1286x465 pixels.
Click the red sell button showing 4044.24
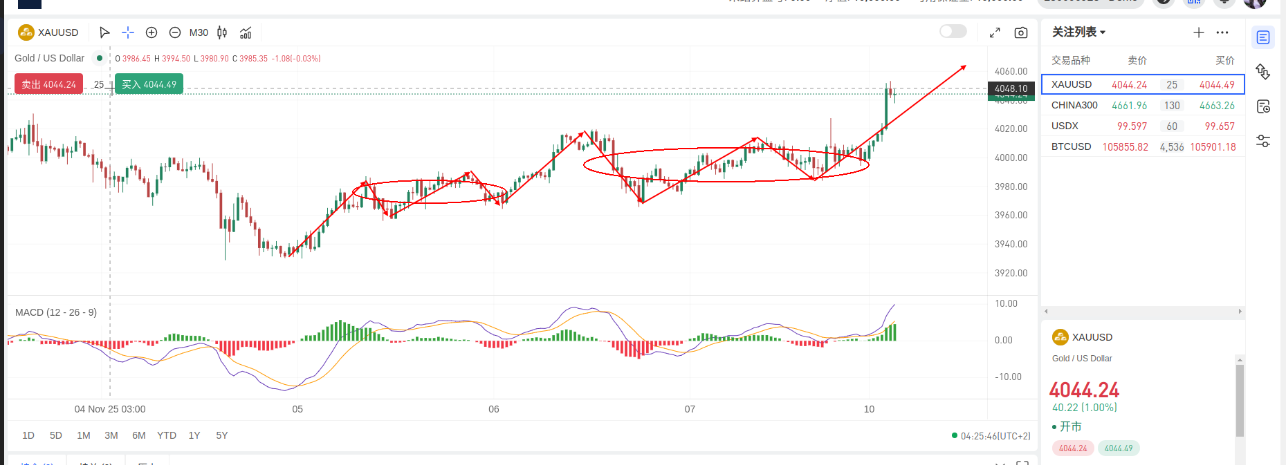coord(48,84)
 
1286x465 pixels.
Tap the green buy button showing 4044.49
coord(149,84)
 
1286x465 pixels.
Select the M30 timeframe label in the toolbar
coord(199,32)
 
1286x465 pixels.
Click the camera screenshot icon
coord(1020,32)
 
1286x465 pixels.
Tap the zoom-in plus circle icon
coord(151,32)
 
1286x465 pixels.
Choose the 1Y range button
coord(194,435)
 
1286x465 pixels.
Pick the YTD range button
coord(167,435)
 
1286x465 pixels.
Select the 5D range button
coord(56,435)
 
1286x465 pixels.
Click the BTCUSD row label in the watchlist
coord(1071,146)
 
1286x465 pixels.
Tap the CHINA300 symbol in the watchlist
coord(1074,105)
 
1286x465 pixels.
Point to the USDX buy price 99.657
coord(1220,126)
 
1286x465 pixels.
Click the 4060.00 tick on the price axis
coord(1011,71)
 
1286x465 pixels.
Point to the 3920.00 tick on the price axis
coord(1011,273)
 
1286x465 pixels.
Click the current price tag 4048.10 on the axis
coord(1011,88)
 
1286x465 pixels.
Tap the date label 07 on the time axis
coord(690,409)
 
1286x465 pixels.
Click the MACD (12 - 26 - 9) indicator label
coord(56,312)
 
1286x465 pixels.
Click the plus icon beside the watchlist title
coord(1199,32)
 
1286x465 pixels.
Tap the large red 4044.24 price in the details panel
coord(1084,390)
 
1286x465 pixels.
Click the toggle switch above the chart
coord(953,31)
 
